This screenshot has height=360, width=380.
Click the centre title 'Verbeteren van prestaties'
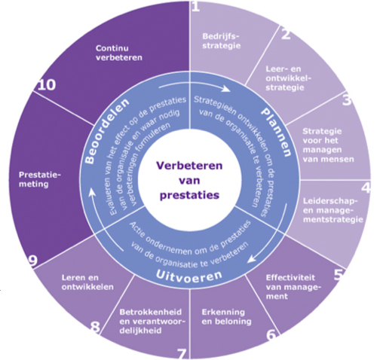(189, 180)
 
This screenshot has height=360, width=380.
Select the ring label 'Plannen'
(277, 131)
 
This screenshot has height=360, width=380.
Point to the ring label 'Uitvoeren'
(189, 276)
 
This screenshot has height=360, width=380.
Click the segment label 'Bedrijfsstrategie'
(222, 41)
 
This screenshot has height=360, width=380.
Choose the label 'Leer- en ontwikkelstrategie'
(288, 78)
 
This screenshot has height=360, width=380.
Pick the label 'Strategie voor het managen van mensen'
(328, 145)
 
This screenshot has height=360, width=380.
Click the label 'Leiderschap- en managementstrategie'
(333, 210)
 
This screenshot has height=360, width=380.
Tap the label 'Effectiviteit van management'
(293, 287)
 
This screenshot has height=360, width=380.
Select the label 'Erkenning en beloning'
(226, 317)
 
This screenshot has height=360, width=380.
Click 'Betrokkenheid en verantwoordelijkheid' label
(152, 322)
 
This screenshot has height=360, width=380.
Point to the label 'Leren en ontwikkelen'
(87, 282)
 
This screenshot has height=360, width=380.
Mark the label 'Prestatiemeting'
(40, 179)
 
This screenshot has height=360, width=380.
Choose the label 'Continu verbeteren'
(119, 53)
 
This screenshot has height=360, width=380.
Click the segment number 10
(47, 85)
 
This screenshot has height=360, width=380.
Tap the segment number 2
(286, 35)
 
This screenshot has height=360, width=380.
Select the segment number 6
(271, 334)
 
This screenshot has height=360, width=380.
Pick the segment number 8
(95, 327)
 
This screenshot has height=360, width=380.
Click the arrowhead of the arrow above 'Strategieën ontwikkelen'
(226, 89)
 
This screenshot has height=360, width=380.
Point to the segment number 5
(339, 275)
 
